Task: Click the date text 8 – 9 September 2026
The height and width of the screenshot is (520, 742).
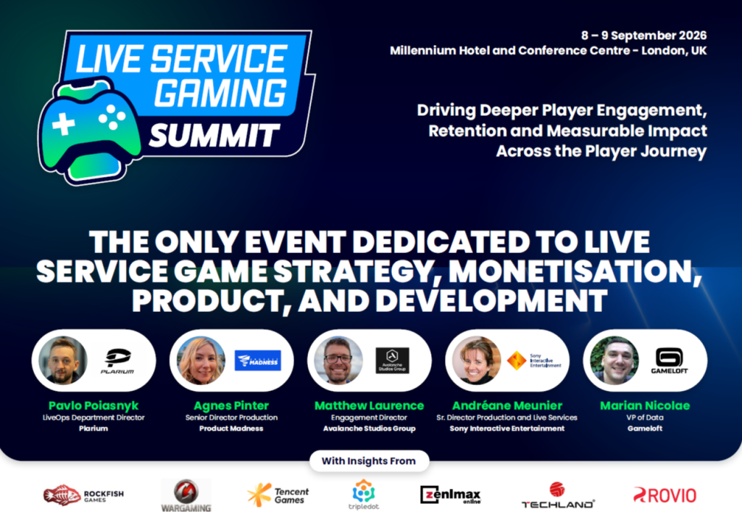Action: pyautogui.click(x=643, y=36)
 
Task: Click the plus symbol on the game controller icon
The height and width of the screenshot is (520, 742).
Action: pyautogui.click(x=64, y=124)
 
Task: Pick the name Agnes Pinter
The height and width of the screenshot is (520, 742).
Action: pyautogui.click(x=232, y=405)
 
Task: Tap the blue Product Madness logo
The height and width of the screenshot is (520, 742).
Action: pyautogui.click(x=257, y=360)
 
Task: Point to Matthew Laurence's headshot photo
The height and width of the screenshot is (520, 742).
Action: pyautogui.click(x=338, y=360)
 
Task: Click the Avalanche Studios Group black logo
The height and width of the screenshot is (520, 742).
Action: pyautogui.click(x=392, y=360)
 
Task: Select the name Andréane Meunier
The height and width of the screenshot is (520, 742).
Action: pyautogui.click(x=507, y=405)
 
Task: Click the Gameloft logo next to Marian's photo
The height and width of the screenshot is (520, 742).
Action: pyautogui.click(x=671, y=360)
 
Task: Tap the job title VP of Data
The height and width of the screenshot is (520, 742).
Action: pyautogui.click(x=645, y=417)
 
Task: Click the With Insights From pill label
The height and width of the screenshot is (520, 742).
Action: pyautogui.click(x=370, y=461)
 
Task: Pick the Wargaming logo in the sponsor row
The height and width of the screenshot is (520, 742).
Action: pyautogui.click(x=185, y=495)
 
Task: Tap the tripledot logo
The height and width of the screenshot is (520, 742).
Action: pyautogui.click(x=364, y=495)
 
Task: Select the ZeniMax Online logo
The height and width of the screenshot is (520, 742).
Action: pyautogui.click(x=450, y=495)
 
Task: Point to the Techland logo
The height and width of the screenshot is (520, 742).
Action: pyautogui.click(x=558, y=496)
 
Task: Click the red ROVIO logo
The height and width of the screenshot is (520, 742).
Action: pyautogui.click(x=664, y=495)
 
